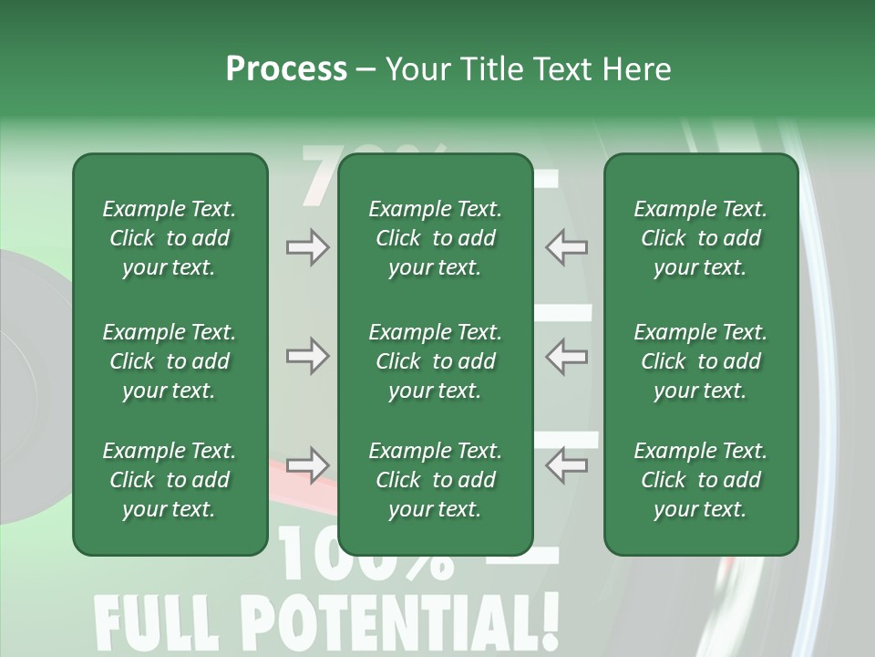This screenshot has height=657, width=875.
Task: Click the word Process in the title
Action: (x=286, y=69)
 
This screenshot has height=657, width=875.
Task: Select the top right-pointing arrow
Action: (x=308, y=247)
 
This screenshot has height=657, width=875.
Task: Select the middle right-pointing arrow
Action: (x=308, y=356)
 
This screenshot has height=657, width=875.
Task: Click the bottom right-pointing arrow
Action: (x=308, y=465)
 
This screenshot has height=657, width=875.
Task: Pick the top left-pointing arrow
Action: (x=566, y=247)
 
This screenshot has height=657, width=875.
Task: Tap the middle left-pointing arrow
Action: (x=566, y=356)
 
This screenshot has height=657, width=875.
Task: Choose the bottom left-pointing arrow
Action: (x=566, y=465)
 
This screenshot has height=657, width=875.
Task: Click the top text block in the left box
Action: (x=170, y=238)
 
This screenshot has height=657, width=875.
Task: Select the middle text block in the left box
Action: (x=170, y=361)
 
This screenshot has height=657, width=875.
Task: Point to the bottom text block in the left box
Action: (x=170, y=480)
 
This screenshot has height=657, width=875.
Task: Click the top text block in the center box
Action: (x=435, y=238)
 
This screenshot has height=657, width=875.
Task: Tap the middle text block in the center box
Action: (x=435, y=361)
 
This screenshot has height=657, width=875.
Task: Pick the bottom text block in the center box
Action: (x=435, y=480)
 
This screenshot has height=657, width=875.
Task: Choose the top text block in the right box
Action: (x=700, y=238)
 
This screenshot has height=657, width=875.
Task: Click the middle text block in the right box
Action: (x=700, y=361)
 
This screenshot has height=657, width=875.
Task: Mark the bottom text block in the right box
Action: (x=700, y=480)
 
